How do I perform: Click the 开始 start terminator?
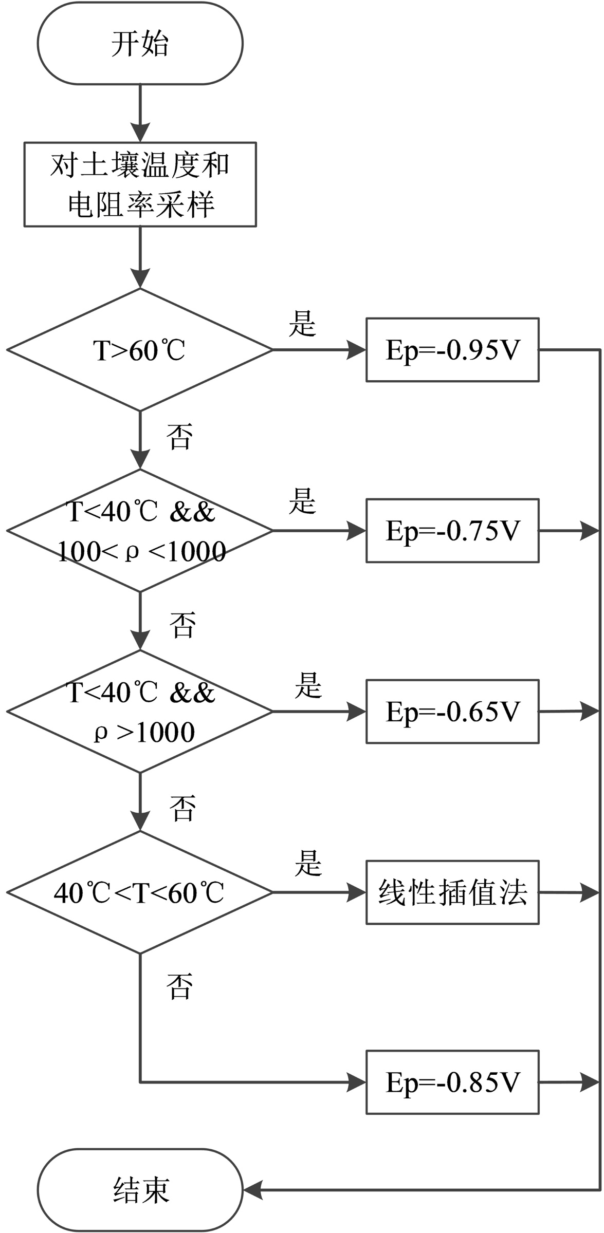point(140,44)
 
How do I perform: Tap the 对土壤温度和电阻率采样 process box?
point(140,184)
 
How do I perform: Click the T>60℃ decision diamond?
point(140,350)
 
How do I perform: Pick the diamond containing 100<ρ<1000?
point(140,531)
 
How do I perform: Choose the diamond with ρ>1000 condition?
point(140,712)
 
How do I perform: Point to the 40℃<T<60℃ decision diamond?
point(140,892)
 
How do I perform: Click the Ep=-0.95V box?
point(452,350)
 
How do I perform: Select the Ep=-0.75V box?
point(452,531)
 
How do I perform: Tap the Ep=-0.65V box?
point(452,712)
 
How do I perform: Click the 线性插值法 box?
point(452,892)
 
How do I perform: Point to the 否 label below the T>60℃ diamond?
point(179,437)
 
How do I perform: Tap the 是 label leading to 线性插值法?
point(308,863)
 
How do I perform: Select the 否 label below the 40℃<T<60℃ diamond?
point(179,986)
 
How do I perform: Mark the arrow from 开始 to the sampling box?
point(140,113)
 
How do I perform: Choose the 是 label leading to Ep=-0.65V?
point(308,685)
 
